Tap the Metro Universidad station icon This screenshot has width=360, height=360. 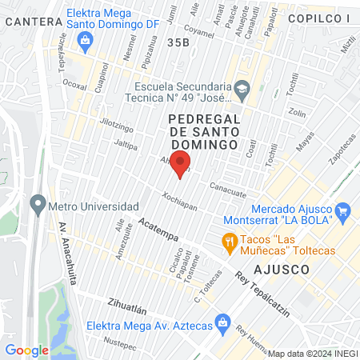36,202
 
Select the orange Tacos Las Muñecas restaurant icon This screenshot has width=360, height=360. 229,240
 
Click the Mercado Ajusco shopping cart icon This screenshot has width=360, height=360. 343,211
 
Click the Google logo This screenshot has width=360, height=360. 26,350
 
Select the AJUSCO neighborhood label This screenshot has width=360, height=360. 281,270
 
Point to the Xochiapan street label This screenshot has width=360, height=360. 179,197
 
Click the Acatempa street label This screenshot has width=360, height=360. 158,227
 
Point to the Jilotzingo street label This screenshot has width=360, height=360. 117,127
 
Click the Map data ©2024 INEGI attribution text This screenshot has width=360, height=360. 312,353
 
